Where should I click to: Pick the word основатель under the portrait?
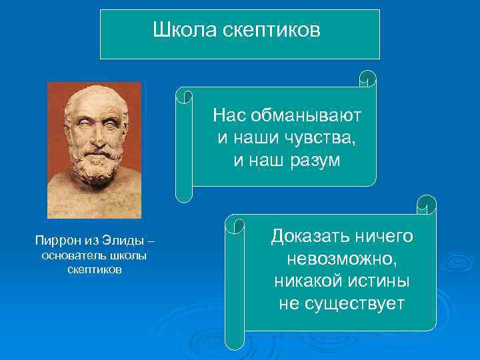pos(71,256)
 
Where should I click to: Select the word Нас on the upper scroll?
pos(229,115)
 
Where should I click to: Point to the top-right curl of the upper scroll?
pos(367,78)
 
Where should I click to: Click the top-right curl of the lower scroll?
pos(426,205)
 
